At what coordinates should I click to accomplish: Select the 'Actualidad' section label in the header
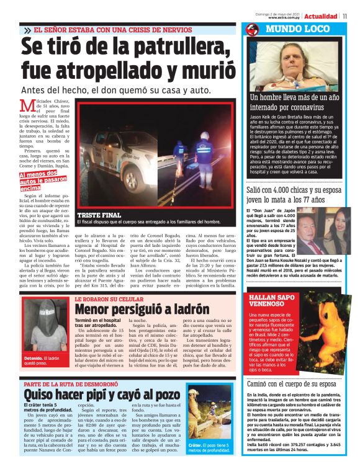(x=321, y=16)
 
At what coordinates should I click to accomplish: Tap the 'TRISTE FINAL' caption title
(x=98, y=215)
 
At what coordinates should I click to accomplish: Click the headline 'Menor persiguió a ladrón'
(x=142, y=308)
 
